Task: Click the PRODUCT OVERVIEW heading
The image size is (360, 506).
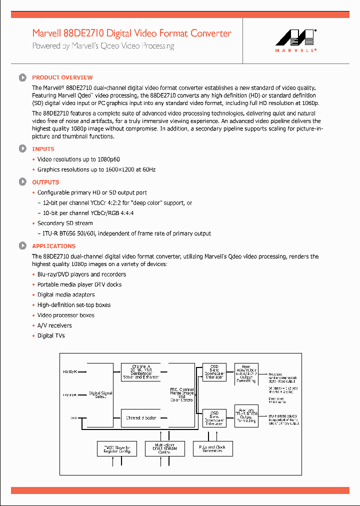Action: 62,77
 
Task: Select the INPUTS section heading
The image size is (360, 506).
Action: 43,149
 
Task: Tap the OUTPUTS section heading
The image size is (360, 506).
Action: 45,182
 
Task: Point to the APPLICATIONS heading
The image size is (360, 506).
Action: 53,246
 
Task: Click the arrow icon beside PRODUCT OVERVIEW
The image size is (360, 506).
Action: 22,77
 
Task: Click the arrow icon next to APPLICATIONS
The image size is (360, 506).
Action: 22,246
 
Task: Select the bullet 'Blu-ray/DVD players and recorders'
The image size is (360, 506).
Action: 81,274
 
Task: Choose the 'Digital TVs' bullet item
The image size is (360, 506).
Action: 51,336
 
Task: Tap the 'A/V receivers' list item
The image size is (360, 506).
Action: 54,325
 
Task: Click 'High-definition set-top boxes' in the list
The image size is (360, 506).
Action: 74,305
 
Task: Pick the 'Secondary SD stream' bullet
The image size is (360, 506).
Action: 65,223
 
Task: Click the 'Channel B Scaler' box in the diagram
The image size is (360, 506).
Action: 141,418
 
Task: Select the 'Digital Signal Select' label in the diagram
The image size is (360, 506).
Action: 100,395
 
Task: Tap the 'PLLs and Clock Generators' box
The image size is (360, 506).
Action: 213,448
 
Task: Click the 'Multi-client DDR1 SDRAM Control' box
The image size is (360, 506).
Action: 164,448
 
